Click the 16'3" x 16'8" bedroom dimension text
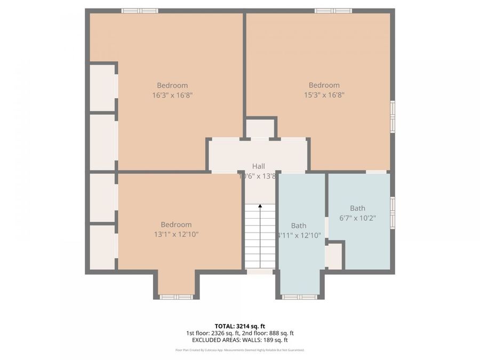pos(172,95)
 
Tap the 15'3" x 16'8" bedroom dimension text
pos(324,95)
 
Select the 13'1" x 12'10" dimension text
pos(176,234)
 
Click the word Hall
pos(258,166)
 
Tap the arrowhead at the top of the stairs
pos(260,206)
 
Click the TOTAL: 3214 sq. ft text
pos(239,325)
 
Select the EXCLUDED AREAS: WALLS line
pos(239,340)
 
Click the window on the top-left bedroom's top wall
pos(139,11)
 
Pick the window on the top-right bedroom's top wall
pos(333,11)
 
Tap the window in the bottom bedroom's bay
pos(176,297)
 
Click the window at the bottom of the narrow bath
pos(299,297)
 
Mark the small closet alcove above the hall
pos(261,129)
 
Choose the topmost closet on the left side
pos(102,88)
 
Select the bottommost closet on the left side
pos(102,247)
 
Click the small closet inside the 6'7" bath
pos(334,257)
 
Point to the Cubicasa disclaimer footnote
pos(239,350)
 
